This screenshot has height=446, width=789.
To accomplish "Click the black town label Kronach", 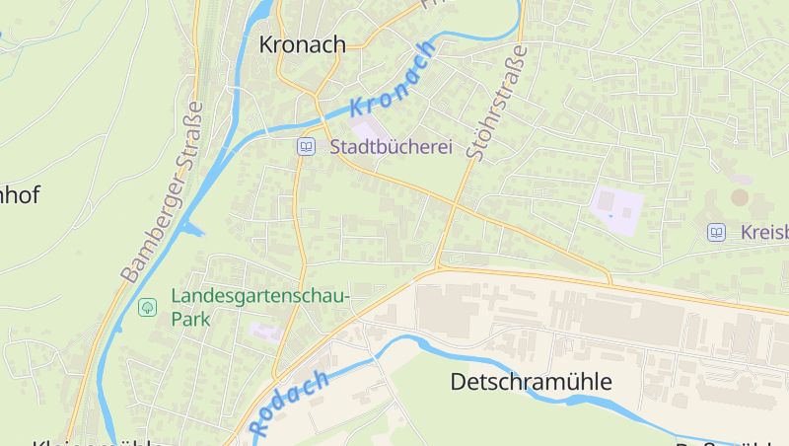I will [302, 44].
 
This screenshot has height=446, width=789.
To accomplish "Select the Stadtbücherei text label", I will [391, 147].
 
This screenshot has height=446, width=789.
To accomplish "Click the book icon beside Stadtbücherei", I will [306, 147].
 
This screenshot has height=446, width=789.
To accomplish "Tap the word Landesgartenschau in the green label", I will [260, 296].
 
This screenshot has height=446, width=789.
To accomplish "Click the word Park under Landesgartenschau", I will [190, 320].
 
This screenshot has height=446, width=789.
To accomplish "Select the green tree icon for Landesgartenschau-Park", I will [147, 307].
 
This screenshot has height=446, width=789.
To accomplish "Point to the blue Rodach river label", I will [290, 404].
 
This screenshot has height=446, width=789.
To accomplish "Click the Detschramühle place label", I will [532, 382].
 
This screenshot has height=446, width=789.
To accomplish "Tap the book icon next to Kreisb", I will [716, 232].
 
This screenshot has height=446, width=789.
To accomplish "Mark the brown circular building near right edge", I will [740, 197].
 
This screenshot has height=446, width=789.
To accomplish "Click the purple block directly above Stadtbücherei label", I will [366, 130].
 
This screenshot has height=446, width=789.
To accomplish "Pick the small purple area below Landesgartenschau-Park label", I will [265, 331].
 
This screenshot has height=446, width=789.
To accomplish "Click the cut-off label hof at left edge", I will [20, 194].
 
